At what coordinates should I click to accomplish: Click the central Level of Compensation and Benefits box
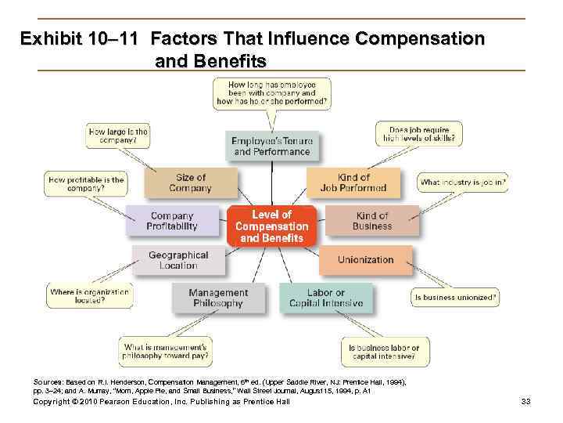pyautogui.click(x=272, y=226)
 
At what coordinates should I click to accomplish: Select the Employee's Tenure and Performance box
pyautogui.click(x=271, y=146)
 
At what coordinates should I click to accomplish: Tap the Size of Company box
pyautogui.click(x=190, y=183)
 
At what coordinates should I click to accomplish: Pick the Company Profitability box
pyautogui.click(x=172, y=221)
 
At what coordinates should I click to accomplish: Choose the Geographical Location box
pyautogui.click(x=178, y=260)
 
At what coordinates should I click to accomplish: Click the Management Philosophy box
pyautogui.click(x=218, y=298)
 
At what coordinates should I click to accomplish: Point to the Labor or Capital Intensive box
pyautogui.click(x=325, y=298)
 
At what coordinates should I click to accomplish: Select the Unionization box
pyautogui.click(x=365, y=260)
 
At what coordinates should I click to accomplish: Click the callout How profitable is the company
pyautogui.click(x=85, y=184)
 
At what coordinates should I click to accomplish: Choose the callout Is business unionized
pyautogui.click(x=455, y=298)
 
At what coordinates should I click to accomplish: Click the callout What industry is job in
pyautogui.click(x=463, y=183)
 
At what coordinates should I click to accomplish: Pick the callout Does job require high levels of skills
pyautogui.click(x=418, y=134)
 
